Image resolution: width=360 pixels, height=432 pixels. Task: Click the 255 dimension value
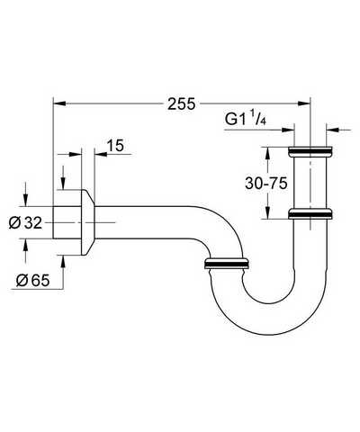(x=181, y=103)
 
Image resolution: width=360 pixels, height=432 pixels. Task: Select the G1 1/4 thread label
(x=246, y=118)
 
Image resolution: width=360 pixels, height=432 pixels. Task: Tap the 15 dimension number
(x=115, y=146)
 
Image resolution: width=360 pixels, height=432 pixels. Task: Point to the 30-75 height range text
(x=266, y=183)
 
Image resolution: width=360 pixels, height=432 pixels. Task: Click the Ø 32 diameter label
(x=25, y=223)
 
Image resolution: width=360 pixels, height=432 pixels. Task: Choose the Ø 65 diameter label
(x=33, y=281)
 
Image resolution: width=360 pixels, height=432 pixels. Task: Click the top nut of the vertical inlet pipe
(x=310, y=151)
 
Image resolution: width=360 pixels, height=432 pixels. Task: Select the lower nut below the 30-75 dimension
(x=310, y=213)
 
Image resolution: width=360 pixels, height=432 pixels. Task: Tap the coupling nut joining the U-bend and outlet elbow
(x=226, y=263)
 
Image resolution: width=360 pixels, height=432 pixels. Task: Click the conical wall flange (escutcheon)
(x=88, y=222)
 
